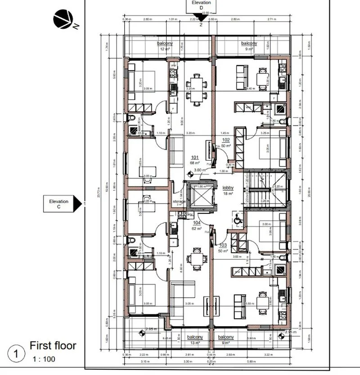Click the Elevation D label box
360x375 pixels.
point(201,5)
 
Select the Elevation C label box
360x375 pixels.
point(58,204)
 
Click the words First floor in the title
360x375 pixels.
point(53,346)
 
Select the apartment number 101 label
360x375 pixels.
point(195,158)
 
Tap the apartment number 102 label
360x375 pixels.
point(226,140)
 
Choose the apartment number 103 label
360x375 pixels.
point(223,245)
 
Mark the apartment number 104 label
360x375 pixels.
point(197,223)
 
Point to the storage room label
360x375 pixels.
point(180,202)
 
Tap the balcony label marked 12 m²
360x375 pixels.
point(165,43)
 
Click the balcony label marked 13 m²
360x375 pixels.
point(195,337)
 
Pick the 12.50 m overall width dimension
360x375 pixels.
point(206,14)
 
